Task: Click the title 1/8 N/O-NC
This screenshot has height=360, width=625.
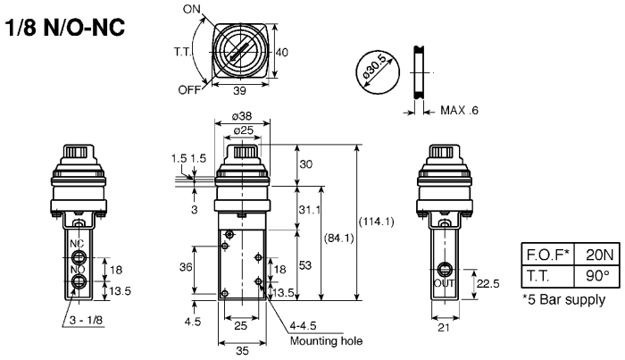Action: click(x=70, y=27)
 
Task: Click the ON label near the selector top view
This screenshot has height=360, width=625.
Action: click(x=192, y=9)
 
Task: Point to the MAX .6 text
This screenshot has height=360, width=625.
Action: click(x=465, y=110)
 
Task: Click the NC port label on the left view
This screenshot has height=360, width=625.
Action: click(x=78, y=244)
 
